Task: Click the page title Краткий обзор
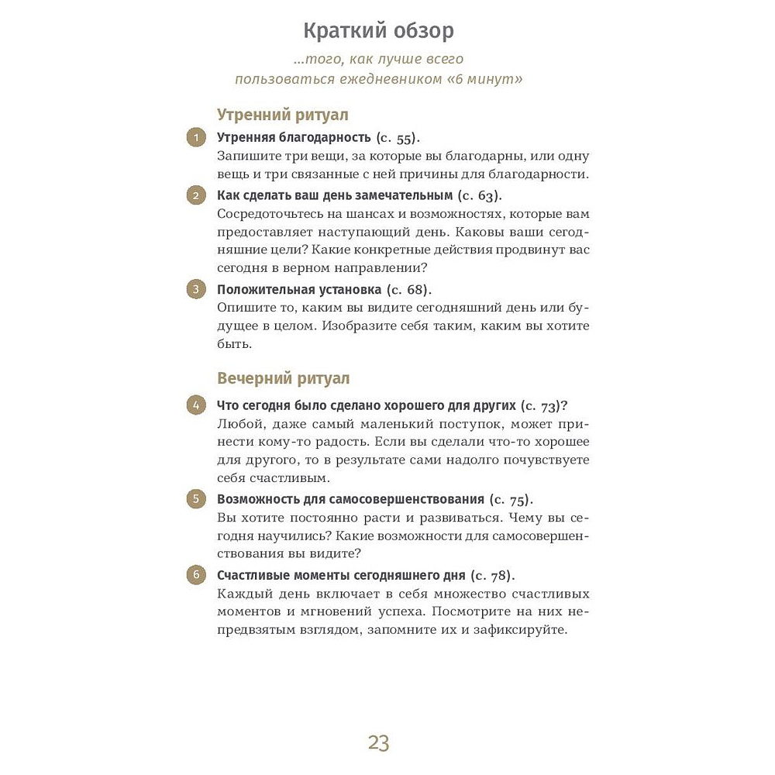[x=378, y=32]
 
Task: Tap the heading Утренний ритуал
[x=282, y=115]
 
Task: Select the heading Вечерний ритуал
[x=283, y=378]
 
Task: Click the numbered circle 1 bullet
[x=197, y=139]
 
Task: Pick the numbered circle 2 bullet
[x=197, y=195]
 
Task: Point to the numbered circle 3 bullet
[x=197, y=290]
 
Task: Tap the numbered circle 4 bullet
[x=197, y=405]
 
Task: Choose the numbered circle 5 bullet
[x=197, y=499]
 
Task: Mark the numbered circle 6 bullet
[x=197, y=575]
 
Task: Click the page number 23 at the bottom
[x=378, y=743]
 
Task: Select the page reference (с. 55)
[x=397, y=138]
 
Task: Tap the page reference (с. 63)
[x=480, y=195]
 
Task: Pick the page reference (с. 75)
[x=511, y=499]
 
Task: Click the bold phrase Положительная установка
[x=299, y=289]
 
